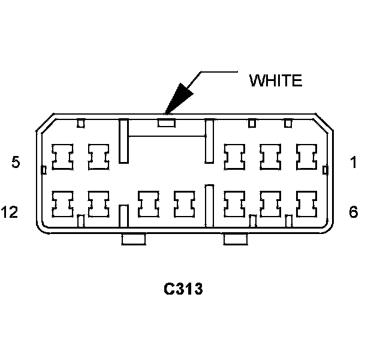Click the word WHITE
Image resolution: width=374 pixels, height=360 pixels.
click(x=276, y=81)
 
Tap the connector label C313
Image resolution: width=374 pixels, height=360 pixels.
click(x=183, y=289)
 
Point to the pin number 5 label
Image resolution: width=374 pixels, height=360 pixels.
click(x=16, y=162)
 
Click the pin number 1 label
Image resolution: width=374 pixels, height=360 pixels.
click(x=354, y=162)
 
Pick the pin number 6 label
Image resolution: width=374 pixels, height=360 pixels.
click(x=354, y=212)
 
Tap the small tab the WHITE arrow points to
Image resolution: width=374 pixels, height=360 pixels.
click(x=166, y=124)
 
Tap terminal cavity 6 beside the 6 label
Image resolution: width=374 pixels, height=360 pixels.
click(x=307, y=205)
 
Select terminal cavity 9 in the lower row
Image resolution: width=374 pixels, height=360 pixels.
click(x=185, y=205)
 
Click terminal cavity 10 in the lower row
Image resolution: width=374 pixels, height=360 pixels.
click(x=148, y=205)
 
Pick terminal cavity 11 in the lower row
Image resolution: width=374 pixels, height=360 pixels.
click(x=98, y=205)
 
